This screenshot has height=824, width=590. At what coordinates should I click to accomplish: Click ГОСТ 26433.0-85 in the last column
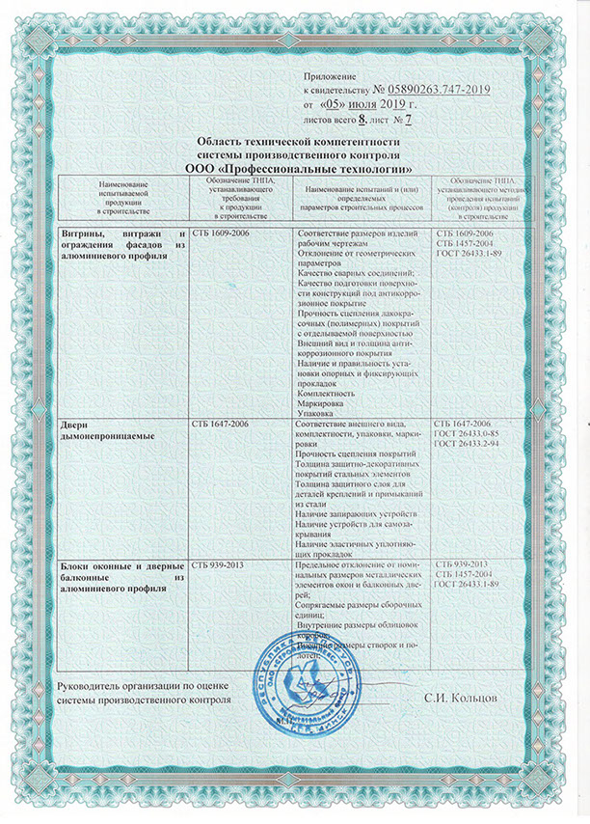[x=469, y=434]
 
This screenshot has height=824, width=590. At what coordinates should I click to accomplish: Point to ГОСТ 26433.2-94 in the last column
[x=469, y=445]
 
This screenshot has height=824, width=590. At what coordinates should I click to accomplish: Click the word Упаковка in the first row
[x=319, y=414]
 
